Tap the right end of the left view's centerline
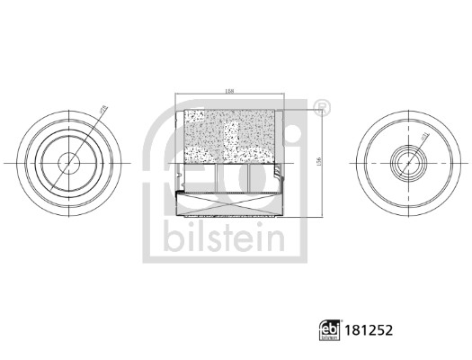[130, 163]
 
